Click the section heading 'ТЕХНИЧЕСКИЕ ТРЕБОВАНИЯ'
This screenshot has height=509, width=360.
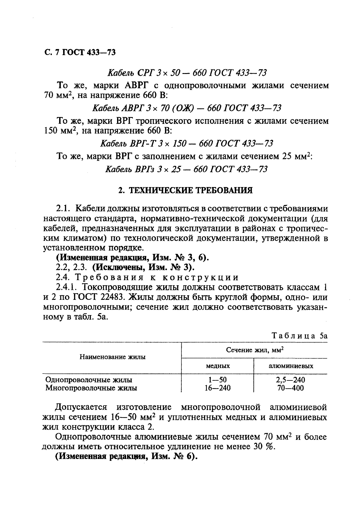190,190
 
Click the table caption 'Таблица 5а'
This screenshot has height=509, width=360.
299,336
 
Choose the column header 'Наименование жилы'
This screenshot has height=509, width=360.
113,357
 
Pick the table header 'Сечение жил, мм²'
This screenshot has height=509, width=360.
254,350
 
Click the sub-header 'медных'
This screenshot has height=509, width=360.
217,366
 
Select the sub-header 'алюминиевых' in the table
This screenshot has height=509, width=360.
291,366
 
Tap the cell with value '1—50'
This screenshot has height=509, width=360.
217,380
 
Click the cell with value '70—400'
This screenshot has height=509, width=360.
291,388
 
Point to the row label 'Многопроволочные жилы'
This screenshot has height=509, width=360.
91,388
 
